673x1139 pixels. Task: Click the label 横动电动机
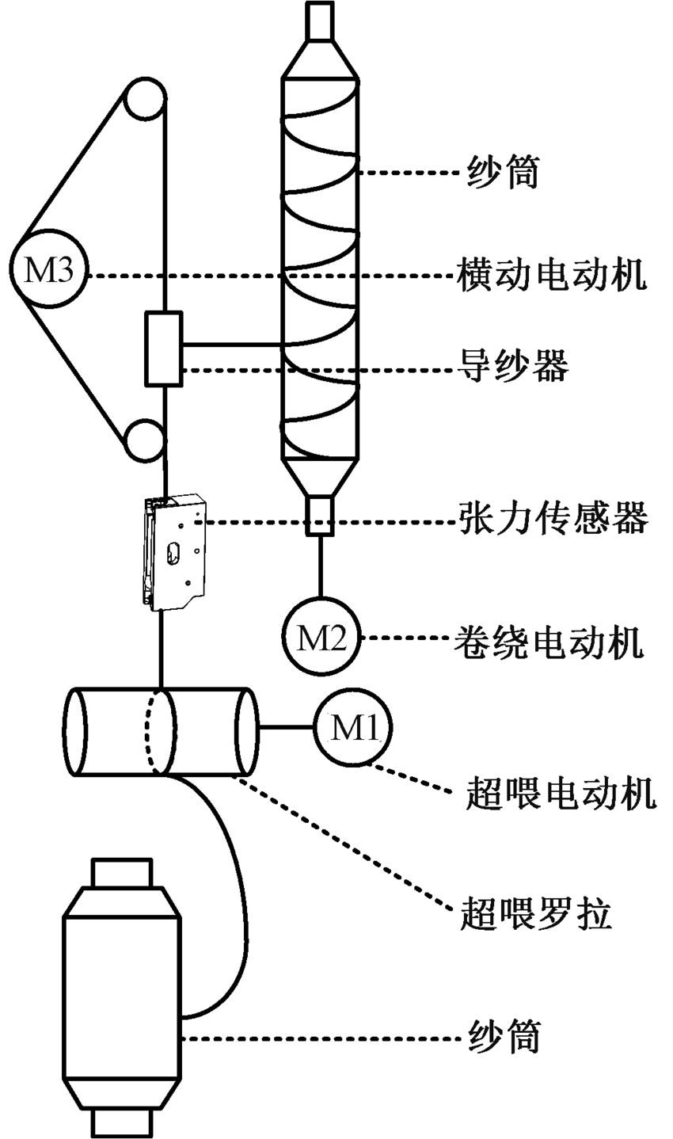point(553,275)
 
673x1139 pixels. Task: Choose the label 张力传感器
point(553,519)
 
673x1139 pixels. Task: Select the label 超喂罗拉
point(535,917)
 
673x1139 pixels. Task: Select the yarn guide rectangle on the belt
point(164,349)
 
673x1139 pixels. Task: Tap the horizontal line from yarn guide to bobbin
point(233,344)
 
